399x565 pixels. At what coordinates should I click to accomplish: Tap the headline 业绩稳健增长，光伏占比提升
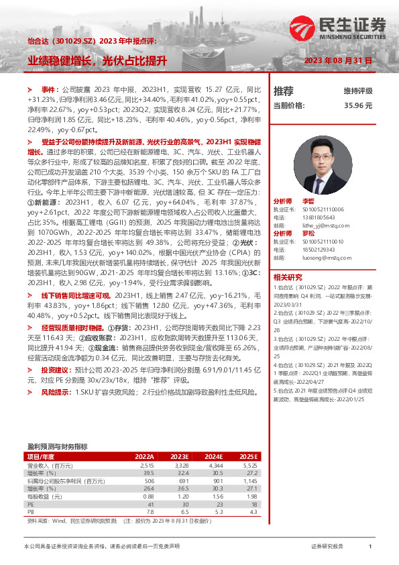[97, 60]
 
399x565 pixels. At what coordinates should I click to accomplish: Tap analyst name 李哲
[308, 201]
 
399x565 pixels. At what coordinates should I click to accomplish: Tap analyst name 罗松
[308, 234]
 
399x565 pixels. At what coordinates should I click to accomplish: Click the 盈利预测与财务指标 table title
[57, 446]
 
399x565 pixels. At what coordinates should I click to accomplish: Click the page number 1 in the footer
[370, 547]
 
